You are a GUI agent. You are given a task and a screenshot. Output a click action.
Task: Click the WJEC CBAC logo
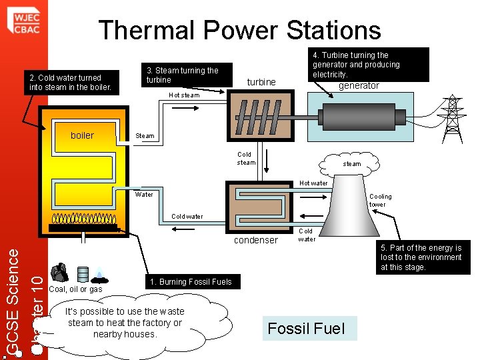point(23,19)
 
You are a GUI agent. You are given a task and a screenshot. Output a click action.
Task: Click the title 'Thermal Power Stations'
point(239,30)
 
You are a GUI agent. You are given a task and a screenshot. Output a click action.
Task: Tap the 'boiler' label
point(82,135)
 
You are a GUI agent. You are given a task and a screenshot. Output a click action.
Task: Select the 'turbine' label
point(261,82)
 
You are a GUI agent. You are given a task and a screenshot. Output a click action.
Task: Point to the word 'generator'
point(359,85)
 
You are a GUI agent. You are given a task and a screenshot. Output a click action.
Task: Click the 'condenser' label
point(256,240)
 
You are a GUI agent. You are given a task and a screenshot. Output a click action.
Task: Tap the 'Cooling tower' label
point(381,200)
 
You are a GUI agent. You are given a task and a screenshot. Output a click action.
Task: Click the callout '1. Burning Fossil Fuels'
point(191,281)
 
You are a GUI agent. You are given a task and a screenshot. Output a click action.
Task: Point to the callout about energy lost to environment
point(421,257)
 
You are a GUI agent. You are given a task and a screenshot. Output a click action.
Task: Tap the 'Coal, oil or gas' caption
point(76,289)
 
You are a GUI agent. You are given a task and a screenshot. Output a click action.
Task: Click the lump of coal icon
point(60,272)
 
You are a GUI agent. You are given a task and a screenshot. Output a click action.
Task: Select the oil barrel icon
point(83,274)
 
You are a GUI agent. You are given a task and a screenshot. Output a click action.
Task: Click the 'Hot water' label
point(313,183)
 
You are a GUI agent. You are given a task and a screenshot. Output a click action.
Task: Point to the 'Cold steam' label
point(246,158)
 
